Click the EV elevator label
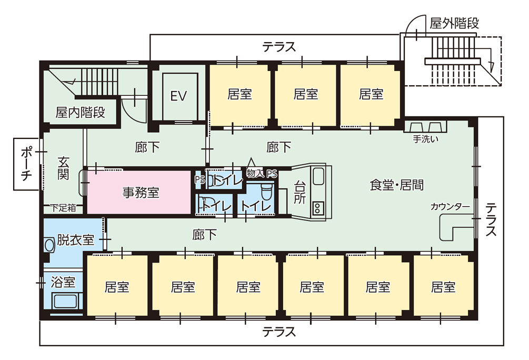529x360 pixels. coord(178,96)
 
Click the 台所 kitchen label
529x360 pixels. coord(300,193)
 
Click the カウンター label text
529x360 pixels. coord(450,206)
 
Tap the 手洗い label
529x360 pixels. coord(425,140)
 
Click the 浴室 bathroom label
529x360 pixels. coord(63,282)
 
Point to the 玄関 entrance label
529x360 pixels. coord(63,168)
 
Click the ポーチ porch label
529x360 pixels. coord(26,164)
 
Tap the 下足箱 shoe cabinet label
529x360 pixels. coord(63,208)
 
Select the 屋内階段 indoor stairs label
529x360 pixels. coord(80,112)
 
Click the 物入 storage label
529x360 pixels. coord(255,173)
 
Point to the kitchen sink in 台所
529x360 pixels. coord(320,176)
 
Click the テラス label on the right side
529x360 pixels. coord(491,219)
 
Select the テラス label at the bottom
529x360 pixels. coord(279,332)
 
